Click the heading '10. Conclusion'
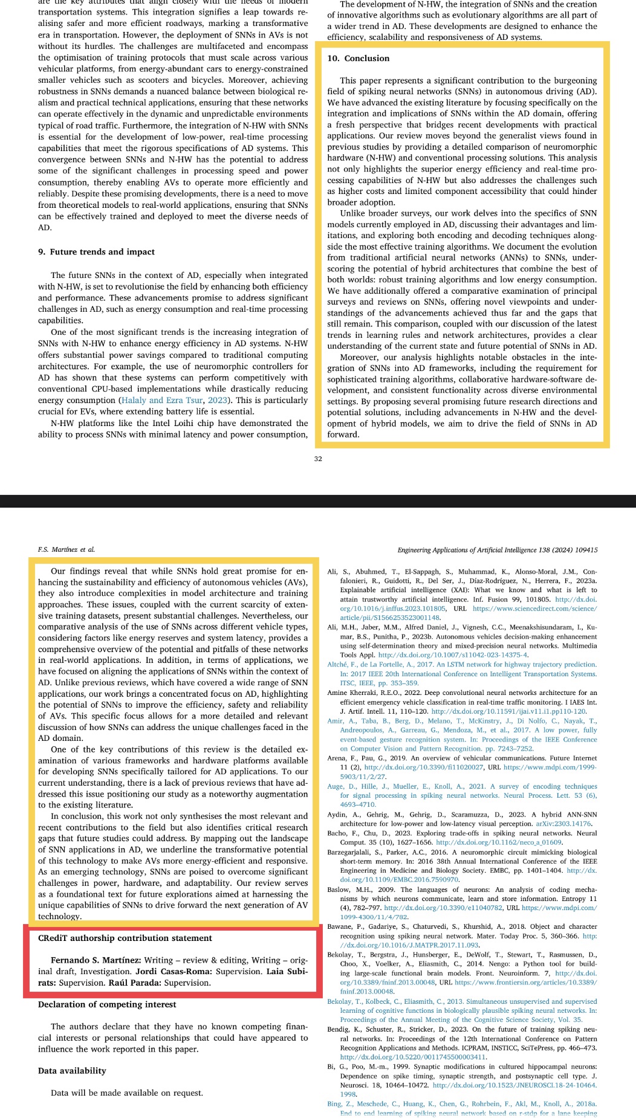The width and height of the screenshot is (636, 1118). tap(359, 59)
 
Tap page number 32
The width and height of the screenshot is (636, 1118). tap(318, 459)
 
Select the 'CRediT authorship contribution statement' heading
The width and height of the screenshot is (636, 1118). tap(125, 938)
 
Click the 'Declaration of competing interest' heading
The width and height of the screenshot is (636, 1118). tap(107, 1004)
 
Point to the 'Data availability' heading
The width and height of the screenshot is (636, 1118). tap(72, 1071)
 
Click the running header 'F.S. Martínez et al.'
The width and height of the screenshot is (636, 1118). tap(67, 550)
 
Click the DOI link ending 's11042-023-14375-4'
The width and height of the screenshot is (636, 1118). tap(453, 655)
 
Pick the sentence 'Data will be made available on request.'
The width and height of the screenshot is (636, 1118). tap(127, 1093)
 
